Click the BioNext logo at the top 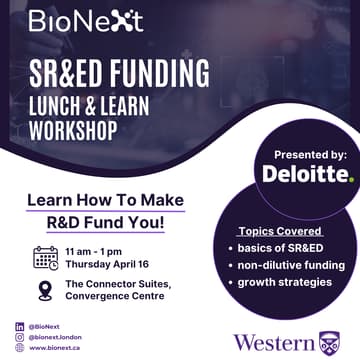click(85, 20)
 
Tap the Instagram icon click(20, 337)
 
